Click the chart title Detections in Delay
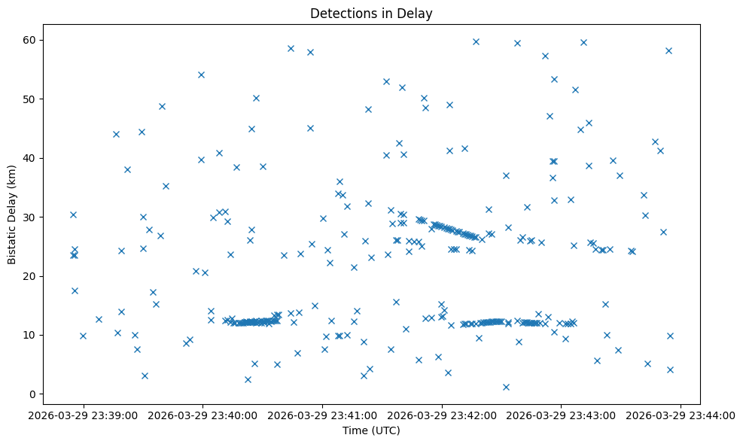[x=371, y=14]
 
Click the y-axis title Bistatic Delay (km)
[x=13, y=214]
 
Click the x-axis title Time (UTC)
[x=371, y=430]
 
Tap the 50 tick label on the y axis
[x=31, y=99]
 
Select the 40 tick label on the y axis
[x=31, y=158]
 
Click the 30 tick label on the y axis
[x=31, y=217]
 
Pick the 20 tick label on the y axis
[x=31, y=276]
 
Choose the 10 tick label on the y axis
[x=31, y=335]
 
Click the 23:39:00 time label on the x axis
[x=83, y=415]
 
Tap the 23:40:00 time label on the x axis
[x=202, y=415]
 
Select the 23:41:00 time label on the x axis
[x=322, y=415]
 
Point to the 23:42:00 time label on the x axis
[x=442, y=415]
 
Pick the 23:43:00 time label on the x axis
[x=562, y=415]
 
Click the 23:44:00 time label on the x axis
[x=681, y=415]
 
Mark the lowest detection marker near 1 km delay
[x=506, y=387]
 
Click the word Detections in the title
[x=338, y=14]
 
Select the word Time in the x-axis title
[x=355, y=430]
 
